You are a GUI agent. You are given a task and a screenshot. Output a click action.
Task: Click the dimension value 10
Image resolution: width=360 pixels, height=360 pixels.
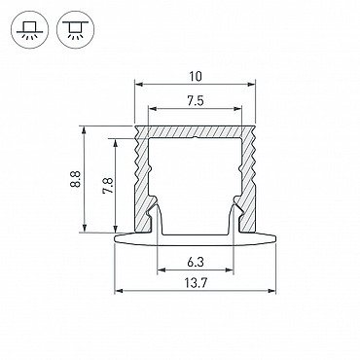pyautogui.click(x=196, y=76)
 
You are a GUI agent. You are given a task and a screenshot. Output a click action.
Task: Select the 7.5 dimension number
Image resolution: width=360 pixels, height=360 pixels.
pyautogui.click(x=196, y=101)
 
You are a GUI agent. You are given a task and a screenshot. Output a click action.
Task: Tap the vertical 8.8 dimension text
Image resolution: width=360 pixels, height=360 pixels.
pyautogui.click(x=75, y=179)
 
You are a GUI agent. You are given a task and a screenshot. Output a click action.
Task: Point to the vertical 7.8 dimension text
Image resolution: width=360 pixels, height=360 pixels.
pyautogui.click(x=108, y=186)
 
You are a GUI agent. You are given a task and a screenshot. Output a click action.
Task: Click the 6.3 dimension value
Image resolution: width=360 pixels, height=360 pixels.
pyautogui.click(x=196, y=262)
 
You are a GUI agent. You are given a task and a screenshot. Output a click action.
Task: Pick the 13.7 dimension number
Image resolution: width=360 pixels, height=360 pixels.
pyautogui.click(x=196, y=284)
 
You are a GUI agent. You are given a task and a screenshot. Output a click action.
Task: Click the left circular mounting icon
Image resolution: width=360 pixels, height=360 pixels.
pyautogui.click(x=29, y=30)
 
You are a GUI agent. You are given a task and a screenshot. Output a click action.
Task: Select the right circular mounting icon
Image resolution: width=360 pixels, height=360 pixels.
pyautogui.click(x=75, y=30)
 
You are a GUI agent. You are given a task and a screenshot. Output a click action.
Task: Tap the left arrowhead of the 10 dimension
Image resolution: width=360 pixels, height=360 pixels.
pyautogui.click(x=139, y=85)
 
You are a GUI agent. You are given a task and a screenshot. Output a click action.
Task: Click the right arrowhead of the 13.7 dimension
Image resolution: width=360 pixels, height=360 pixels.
pyautogui.click(x=271, y=291)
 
